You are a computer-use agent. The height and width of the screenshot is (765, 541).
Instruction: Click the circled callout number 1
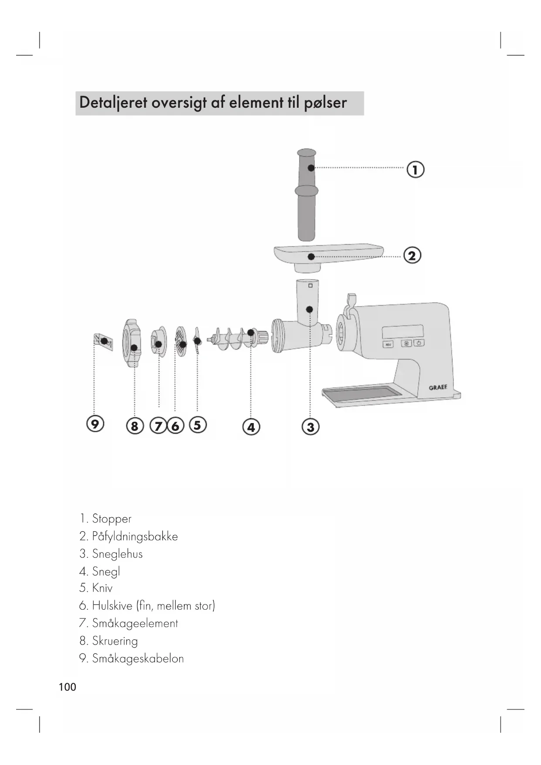coord(415,169)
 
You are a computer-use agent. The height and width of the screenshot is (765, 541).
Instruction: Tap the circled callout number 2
coord(412,255)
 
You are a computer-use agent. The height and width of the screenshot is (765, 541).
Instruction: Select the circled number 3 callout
coord(310,427)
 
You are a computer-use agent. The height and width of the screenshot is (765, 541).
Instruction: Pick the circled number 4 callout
coord(251,427)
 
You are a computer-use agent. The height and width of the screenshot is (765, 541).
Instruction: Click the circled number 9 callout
coord(95,423)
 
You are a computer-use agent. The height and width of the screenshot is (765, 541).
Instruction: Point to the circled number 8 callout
coord(134,426)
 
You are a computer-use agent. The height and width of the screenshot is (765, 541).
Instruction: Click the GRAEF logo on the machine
coord(438,387)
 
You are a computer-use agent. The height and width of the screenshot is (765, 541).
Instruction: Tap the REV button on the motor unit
coord(388,345)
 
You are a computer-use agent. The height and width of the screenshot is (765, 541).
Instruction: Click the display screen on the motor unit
coord(403,331)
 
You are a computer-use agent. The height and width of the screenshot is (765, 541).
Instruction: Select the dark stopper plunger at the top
coord(307,194)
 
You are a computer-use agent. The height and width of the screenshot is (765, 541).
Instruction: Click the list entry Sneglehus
coord(117,554)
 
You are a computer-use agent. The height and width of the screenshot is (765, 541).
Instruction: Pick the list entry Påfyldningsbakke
coord(135,536)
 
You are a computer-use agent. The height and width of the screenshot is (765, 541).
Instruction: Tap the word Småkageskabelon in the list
coord(138,659)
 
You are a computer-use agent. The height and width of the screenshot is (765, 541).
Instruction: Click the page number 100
coord(67,687)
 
